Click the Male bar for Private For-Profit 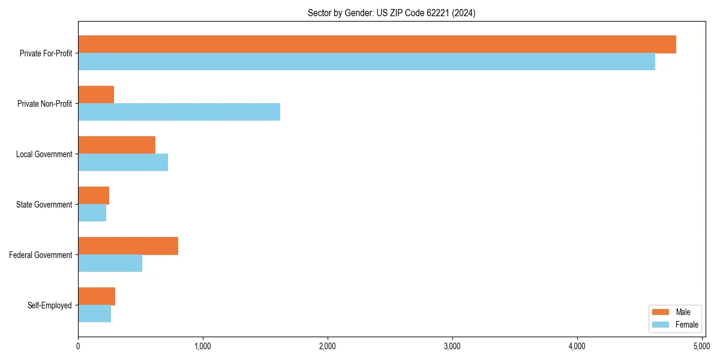click(377, 44)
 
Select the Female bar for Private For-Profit click(367, 62)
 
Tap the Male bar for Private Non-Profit click(96, 95)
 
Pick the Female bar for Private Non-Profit click(179, 112)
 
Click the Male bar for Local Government click(116, 145)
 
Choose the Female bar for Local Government click(123, 163)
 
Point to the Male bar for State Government click(94, 196)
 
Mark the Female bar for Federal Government click(110, 263)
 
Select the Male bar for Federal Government click(128, 246)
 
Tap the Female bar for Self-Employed click(94, 314)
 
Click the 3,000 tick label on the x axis click(452, 346)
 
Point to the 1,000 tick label click(202, 346)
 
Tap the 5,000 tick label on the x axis click(701, 346)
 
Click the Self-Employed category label click(50, 305)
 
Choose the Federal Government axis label click(41, 255)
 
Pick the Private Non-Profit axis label click(46, 104)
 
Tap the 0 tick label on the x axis click(78, 346)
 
